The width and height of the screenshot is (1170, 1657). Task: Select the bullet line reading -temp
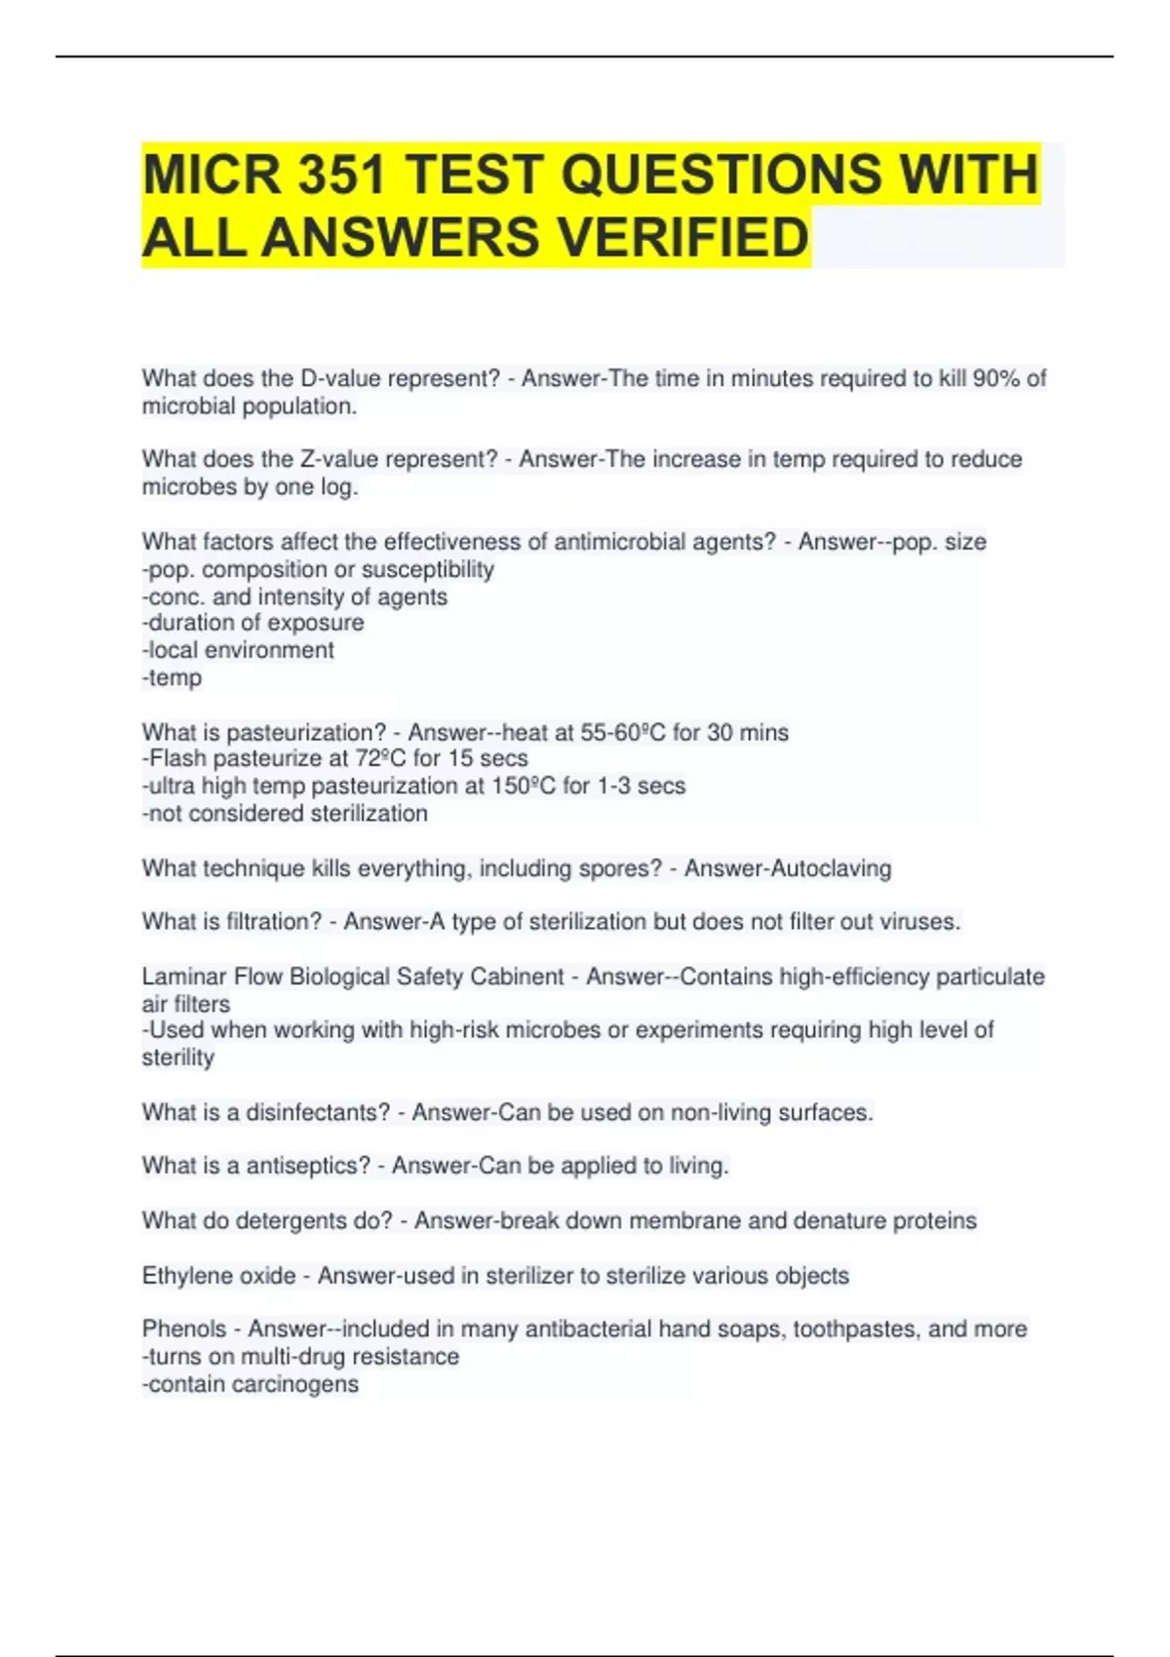173,678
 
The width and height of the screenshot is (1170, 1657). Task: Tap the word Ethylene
182,1276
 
